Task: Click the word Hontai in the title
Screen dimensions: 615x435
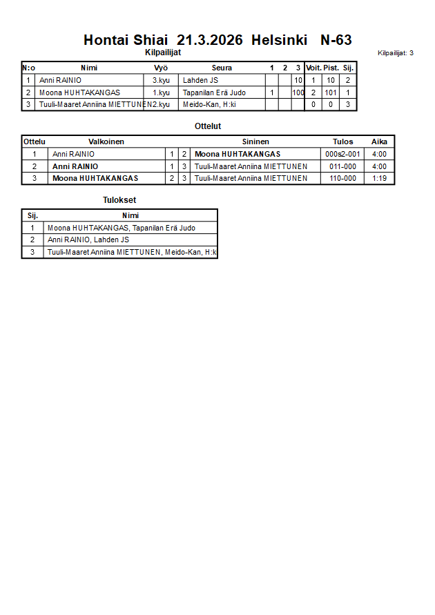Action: pos(107,40)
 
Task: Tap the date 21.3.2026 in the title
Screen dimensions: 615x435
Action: pos(210,40)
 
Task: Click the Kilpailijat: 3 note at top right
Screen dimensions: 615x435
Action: pos(396,52)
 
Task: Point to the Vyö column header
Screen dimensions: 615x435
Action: pos(161,68)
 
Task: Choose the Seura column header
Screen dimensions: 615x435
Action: pos(222,68)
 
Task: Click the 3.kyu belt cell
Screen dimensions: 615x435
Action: pos(161,80)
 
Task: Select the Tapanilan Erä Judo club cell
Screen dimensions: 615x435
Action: pos(214,92)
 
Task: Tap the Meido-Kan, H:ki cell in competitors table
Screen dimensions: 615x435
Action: pos(209,105)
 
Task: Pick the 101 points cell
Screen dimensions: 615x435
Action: pos(331,92)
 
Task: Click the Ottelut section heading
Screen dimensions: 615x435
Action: pos(208,126)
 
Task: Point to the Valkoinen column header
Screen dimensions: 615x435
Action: pos(106,141)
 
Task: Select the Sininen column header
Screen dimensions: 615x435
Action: pos(255,141)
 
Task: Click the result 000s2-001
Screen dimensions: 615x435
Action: pos(342,154)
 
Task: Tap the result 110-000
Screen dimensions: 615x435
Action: pos(342,178)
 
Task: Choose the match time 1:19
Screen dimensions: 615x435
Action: pos(379,178)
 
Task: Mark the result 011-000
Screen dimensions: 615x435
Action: pos(342,166)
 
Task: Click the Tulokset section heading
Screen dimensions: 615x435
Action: pos(119,200)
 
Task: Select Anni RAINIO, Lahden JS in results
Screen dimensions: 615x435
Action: pos(88,240)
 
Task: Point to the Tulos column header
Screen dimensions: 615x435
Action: pos(342,141)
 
